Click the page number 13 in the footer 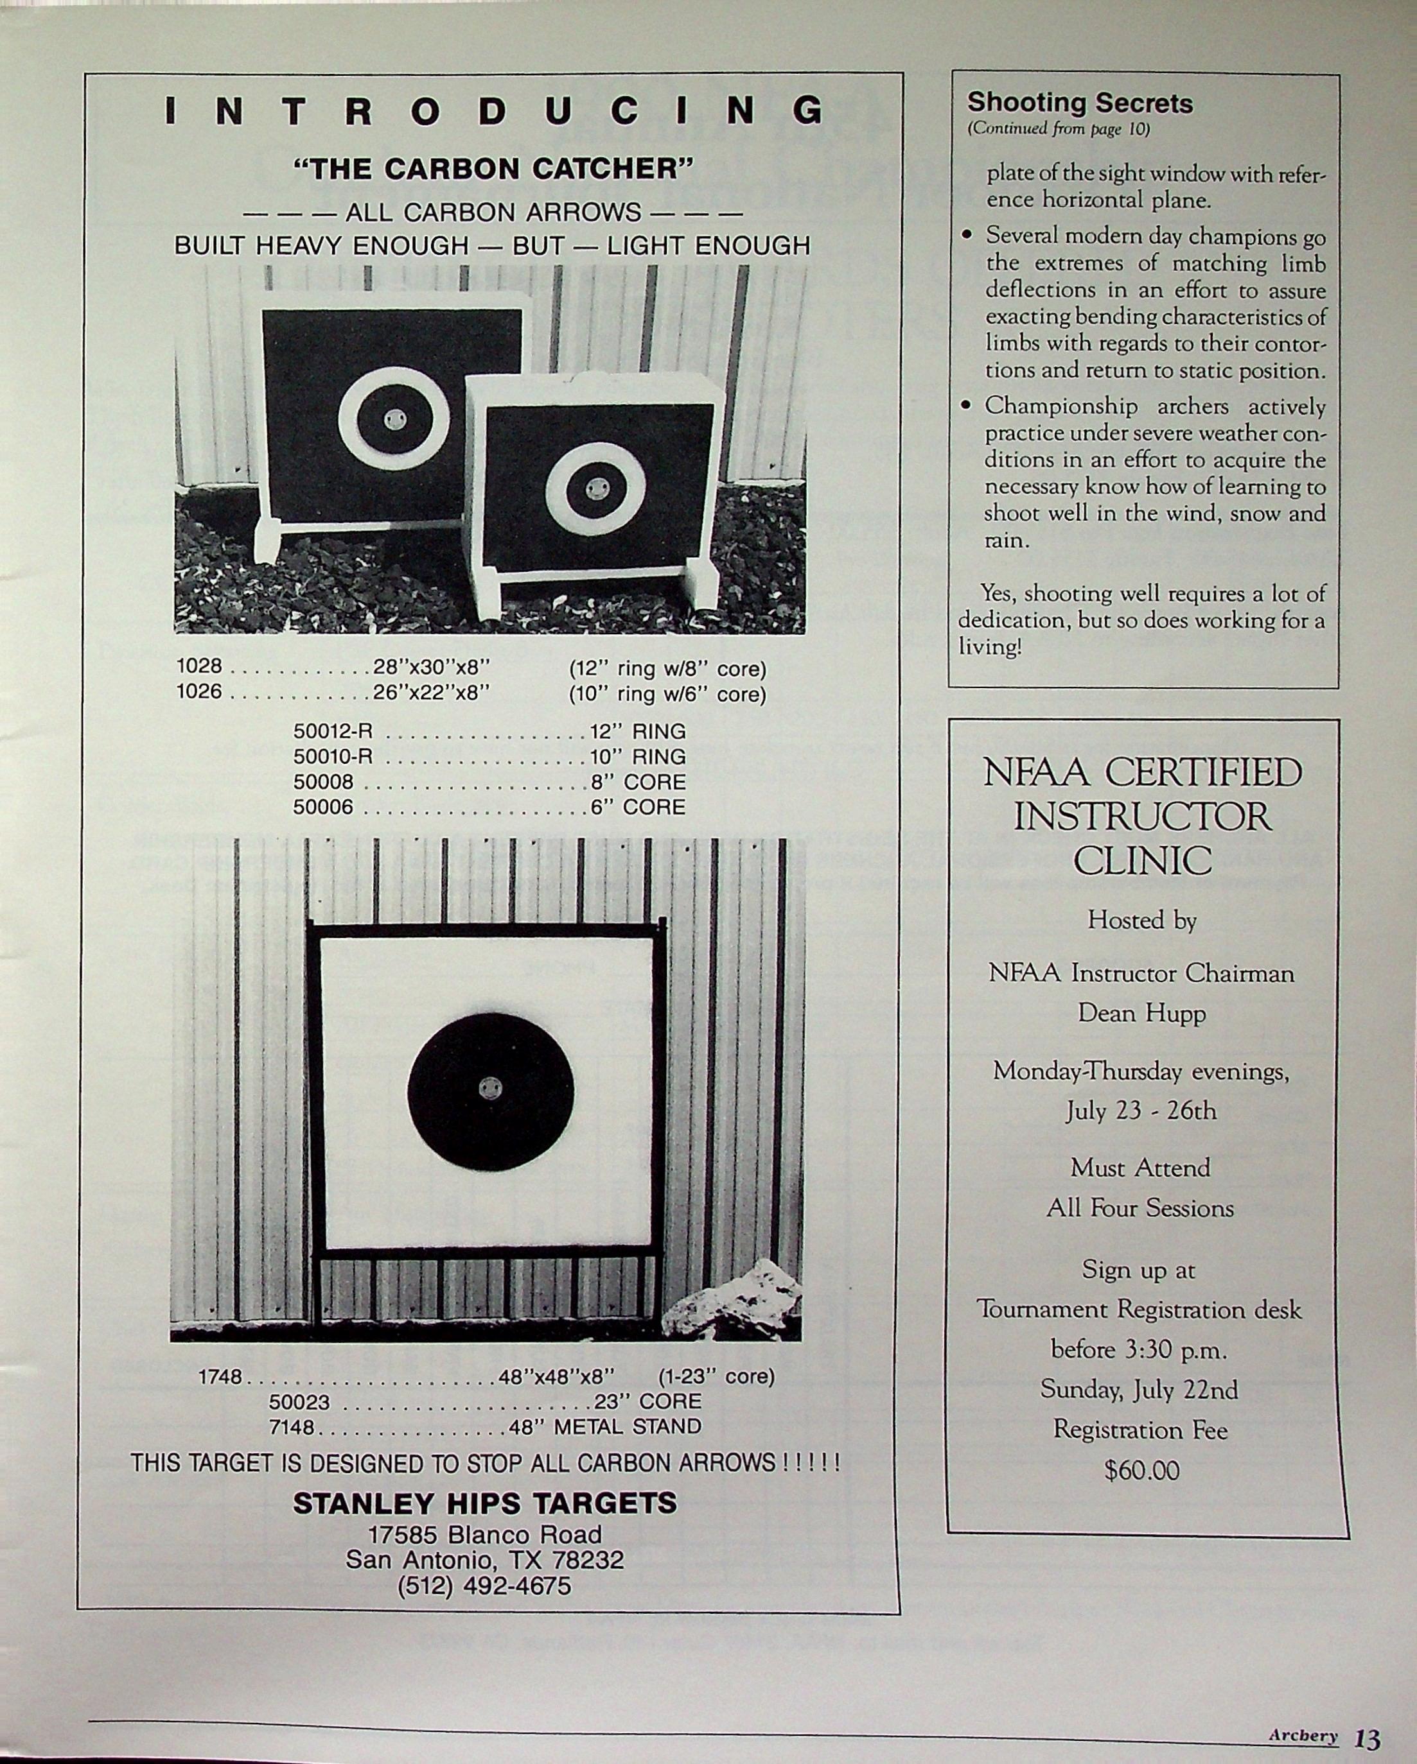coord(1367,1738)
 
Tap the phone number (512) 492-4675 coord(484,1586)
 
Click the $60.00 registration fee coord(1141,1470)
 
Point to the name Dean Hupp coord(1141,1013)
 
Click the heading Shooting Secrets coord(1079,103)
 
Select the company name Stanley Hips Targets coord(484,1503)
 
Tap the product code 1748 coord(220,1377)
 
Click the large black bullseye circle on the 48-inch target coord(490,1090)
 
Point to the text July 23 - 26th coord(1141,1111)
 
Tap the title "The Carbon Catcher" coord(493,169)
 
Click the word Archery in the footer coord(1303,1735)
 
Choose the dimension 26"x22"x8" coord(432,692)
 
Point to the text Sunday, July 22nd coord(1139,1389)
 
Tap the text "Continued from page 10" coord(1059,128)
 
